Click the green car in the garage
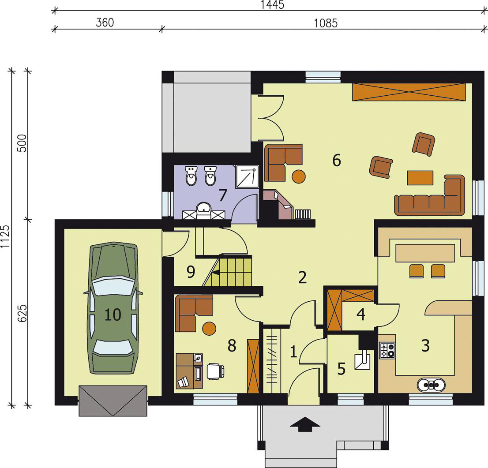coord(113,308)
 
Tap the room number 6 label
coord(336,160)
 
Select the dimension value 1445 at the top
coord(272,5)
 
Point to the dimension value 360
coord(105,22)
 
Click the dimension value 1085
coord(326,23)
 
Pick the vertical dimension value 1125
coord(5,236)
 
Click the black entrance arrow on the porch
coord(305,424)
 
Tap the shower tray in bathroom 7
coord(248,176)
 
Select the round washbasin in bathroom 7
coord(204,208)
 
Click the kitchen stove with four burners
coord(387,350)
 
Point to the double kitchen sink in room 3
coord(431,385)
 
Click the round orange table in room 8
coord(209,328)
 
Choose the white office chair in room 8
coord(215,371)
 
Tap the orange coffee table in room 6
coord(420,178)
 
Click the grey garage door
coord(113,401)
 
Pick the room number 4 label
coord(361,314)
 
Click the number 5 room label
coord(342,369)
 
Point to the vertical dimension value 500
coord(23,143)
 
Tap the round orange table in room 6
coord(298,176)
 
